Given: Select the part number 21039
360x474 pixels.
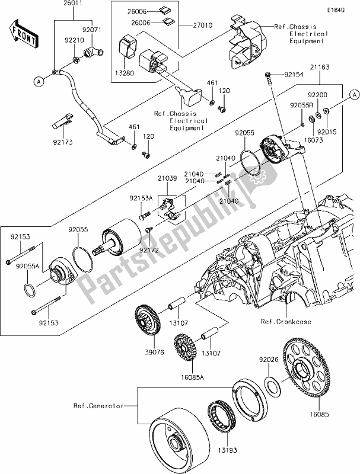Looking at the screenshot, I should pyautogui.click(x=167, y=176).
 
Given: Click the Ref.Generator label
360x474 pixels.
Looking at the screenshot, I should pyautogui.click(x=97, y=406).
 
